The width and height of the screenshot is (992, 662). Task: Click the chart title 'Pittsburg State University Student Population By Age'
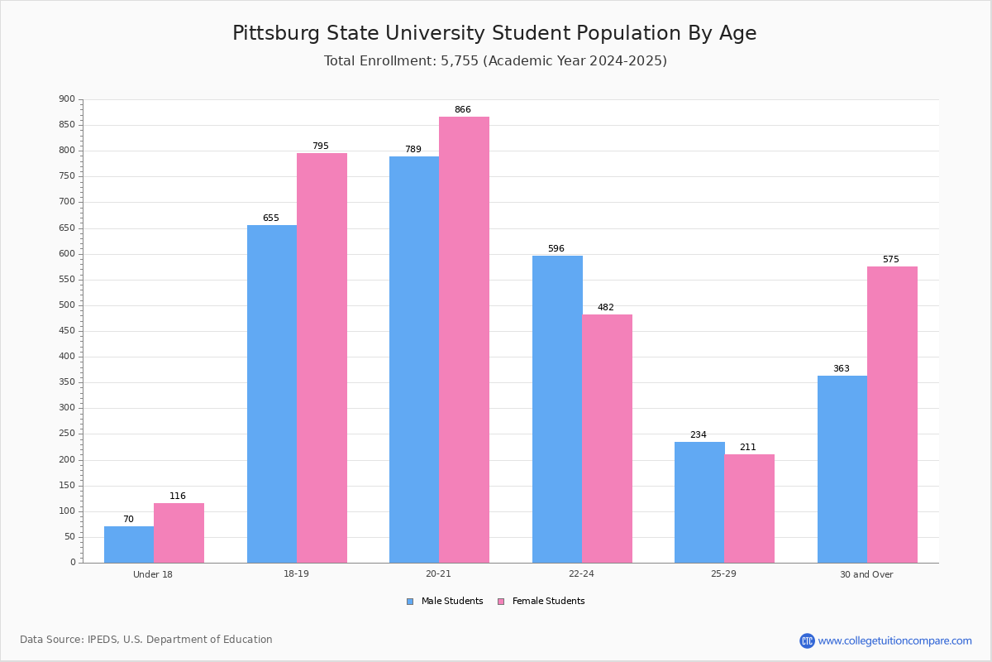click(x=494, y=34)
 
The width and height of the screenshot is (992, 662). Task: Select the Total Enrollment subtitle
click(x=495, y=61)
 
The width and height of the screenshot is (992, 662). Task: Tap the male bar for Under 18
click(x=129, y=544)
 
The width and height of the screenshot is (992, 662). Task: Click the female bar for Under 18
click(x=179, y=533)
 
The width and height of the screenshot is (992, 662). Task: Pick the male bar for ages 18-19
click(x=272, y=394)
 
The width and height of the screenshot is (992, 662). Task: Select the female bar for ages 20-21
click(x=464, y=339)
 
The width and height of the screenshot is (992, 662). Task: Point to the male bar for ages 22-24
click(x=557, y=409)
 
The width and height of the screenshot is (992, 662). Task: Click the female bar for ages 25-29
click(x=749, y=508)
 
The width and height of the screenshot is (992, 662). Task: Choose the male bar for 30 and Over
click(x=842, y=469)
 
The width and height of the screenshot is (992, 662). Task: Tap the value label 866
click(x=462, y=110)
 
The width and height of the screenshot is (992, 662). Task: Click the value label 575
click(x=890, y=260)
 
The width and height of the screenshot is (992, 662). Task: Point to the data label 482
click(x=605, y=308)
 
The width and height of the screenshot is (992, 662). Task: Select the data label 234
click(x=699, y=435)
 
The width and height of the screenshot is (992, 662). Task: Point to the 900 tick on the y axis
click(x=67, y=99)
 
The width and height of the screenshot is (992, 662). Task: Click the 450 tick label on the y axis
click(x=67, y=331)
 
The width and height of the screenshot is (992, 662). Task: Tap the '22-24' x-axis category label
click(x=581, y=574)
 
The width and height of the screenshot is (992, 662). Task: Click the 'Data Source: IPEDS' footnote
click(x=146, y=640)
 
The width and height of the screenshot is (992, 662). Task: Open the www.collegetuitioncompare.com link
click(x=894, y=640)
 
